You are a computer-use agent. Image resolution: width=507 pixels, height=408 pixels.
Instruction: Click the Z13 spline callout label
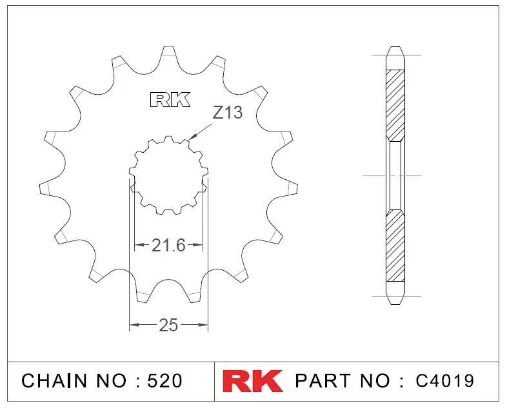pos(227,113)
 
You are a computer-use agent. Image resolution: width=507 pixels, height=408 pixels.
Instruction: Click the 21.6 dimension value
pos(168,245)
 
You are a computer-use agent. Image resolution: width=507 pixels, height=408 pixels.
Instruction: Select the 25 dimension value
pos(168,325)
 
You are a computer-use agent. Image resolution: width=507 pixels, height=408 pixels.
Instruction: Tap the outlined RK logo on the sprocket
pos(170,100)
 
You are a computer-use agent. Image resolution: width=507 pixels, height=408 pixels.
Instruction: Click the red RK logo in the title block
pos(253,380)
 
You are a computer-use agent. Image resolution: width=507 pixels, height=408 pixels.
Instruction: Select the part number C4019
pos(444,380)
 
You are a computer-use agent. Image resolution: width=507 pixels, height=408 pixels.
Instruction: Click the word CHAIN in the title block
pos(54,380)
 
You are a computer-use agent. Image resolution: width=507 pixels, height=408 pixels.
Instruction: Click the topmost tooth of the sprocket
pos(168,55)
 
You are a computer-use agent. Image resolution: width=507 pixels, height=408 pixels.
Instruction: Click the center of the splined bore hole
pos(168,175)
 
